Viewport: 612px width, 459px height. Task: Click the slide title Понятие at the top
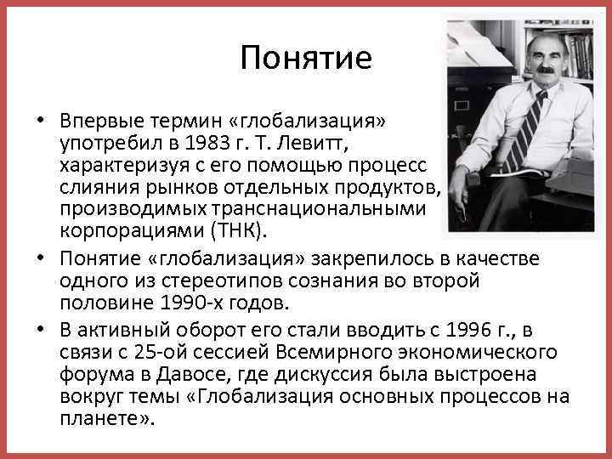tap(306, 58)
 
